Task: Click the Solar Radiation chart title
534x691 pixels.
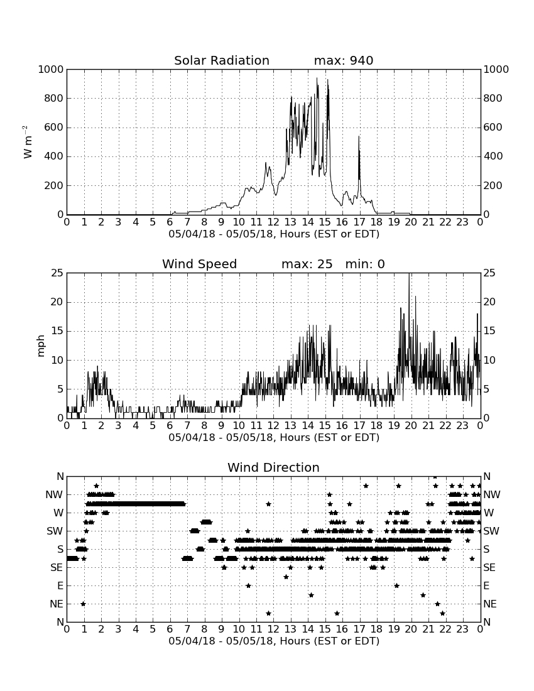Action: tap(222, 60)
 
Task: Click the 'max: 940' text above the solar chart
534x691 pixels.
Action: tap(344, 60)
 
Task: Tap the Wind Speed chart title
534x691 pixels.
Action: tap(200, 264)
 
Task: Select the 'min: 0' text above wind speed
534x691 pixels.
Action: tap(365, 264)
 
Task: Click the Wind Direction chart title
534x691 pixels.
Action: tap(274, 467)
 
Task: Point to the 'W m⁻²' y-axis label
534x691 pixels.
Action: tap(27, 142)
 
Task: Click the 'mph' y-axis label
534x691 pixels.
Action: tap(41, 346)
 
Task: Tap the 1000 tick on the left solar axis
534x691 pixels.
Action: tap(51, 69)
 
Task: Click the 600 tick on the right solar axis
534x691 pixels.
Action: tap(493, 128)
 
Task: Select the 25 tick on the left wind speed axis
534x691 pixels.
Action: tap(57, 273)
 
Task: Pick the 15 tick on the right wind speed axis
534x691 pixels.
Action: tap(489, 331)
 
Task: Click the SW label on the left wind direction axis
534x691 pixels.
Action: tap(55, 531)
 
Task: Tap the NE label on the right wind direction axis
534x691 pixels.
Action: tap(490, 604)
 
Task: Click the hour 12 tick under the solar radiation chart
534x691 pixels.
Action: tap(273, 222)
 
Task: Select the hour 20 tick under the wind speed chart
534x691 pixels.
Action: tap(411, 425)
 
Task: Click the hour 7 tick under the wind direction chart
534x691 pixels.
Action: tap(187, 629)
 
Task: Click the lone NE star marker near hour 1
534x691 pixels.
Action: tap(83, 604)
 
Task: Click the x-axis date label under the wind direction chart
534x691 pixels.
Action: tap(274, 641)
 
